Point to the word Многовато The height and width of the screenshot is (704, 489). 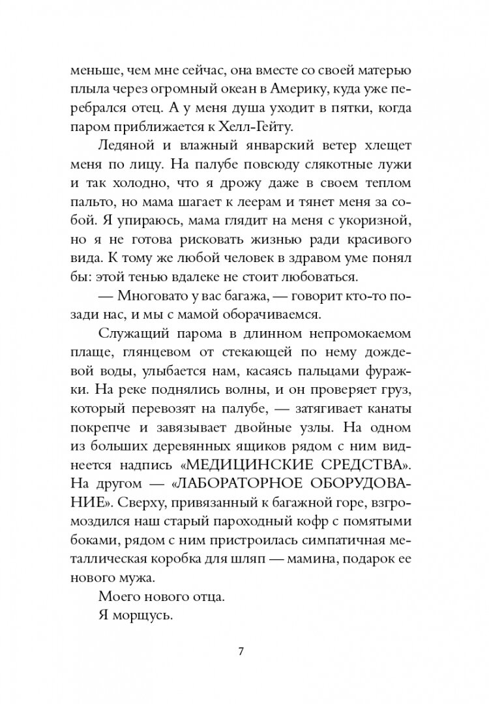coord(147,295)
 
